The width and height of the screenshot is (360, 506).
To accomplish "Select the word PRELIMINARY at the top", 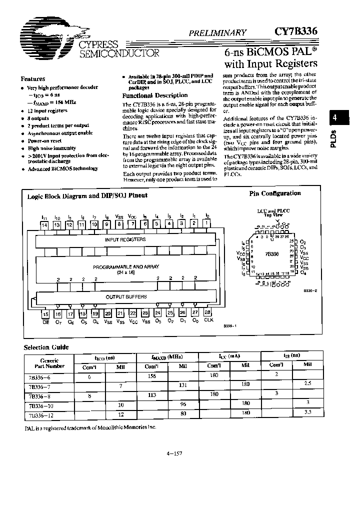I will (217, 33).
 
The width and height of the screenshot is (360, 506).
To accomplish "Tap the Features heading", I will (33, 79).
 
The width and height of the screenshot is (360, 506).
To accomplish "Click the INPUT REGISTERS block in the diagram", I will (125, 239).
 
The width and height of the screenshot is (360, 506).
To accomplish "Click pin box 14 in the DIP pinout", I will (44, 225).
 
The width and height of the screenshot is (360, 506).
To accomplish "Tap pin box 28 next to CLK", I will (207, 313).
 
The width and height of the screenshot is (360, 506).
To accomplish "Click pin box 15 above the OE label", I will (45, 314).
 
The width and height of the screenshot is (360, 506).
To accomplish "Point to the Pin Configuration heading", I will (275, 193).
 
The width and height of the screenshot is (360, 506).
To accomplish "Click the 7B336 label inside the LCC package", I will (271, 254).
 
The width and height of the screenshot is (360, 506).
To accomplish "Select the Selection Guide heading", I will (46, 347).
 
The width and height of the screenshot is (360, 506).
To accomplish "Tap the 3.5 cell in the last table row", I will (307, 413).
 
